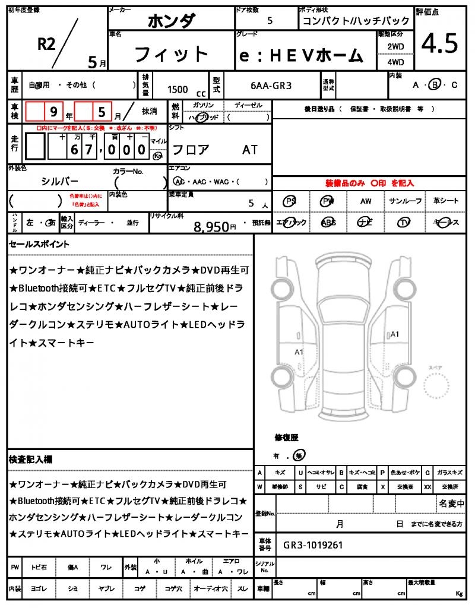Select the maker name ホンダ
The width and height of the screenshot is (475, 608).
(x=171, y=21)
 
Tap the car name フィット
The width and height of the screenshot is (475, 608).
(x=172, y=55)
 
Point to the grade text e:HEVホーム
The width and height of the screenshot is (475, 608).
(x=301, y=55)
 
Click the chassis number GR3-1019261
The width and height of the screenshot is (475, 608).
(x=312, y=545)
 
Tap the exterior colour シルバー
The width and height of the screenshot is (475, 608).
(x=59, y=181)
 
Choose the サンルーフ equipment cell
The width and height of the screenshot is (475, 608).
(x=406, y=201)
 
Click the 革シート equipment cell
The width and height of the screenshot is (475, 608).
(x=446, y=201)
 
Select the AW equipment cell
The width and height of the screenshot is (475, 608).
(x=366, y=201)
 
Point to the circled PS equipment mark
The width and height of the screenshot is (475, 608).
(x=290, y=201)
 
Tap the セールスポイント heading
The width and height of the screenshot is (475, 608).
(x=39, y=244)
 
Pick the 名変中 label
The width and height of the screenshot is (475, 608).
(x=452, y=504)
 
